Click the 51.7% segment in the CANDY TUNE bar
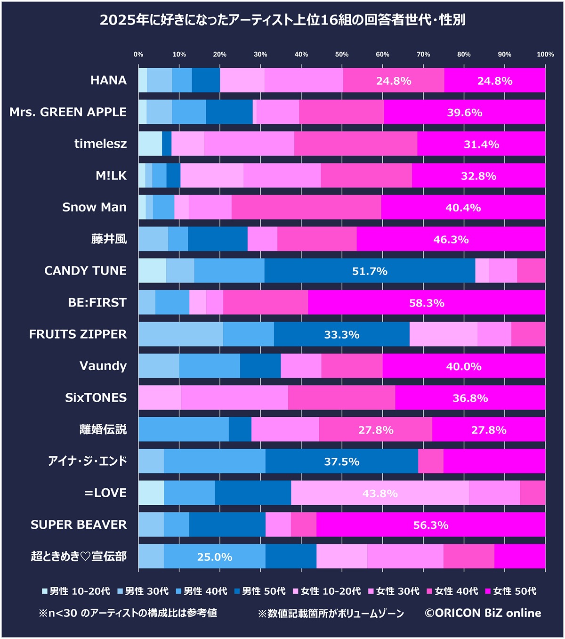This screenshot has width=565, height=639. tap(370, 271)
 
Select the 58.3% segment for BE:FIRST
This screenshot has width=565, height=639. tap(426, 303)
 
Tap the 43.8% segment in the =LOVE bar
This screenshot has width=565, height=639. tap(379, 493)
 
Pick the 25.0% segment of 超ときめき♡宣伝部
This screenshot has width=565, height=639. tap(214, 557)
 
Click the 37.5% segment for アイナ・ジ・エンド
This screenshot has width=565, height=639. tap(341, 461)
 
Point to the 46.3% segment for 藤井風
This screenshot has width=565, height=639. tap(451, 239)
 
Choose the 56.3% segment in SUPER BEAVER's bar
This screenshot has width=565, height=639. tap(430, 525)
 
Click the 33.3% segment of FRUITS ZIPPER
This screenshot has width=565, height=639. tap(341, 334)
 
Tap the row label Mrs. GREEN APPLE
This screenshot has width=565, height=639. tap(68, 112)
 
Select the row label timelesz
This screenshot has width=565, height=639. tap(100, 144)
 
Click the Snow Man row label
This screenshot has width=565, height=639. tap(94, 207)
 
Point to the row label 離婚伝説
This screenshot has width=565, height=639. tap(103, 429)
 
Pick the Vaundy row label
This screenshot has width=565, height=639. tap(103, 366)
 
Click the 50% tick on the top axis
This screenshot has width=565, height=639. tap(342, 55)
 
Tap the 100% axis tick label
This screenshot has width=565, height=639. tap(545, 55)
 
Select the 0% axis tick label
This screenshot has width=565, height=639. tap(138, 55)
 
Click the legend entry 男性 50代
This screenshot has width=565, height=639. tap(260, 591)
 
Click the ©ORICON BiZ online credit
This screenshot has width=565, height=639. tap(483, 613)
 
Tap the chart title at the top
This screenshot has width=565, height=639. tap(282, 20)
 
